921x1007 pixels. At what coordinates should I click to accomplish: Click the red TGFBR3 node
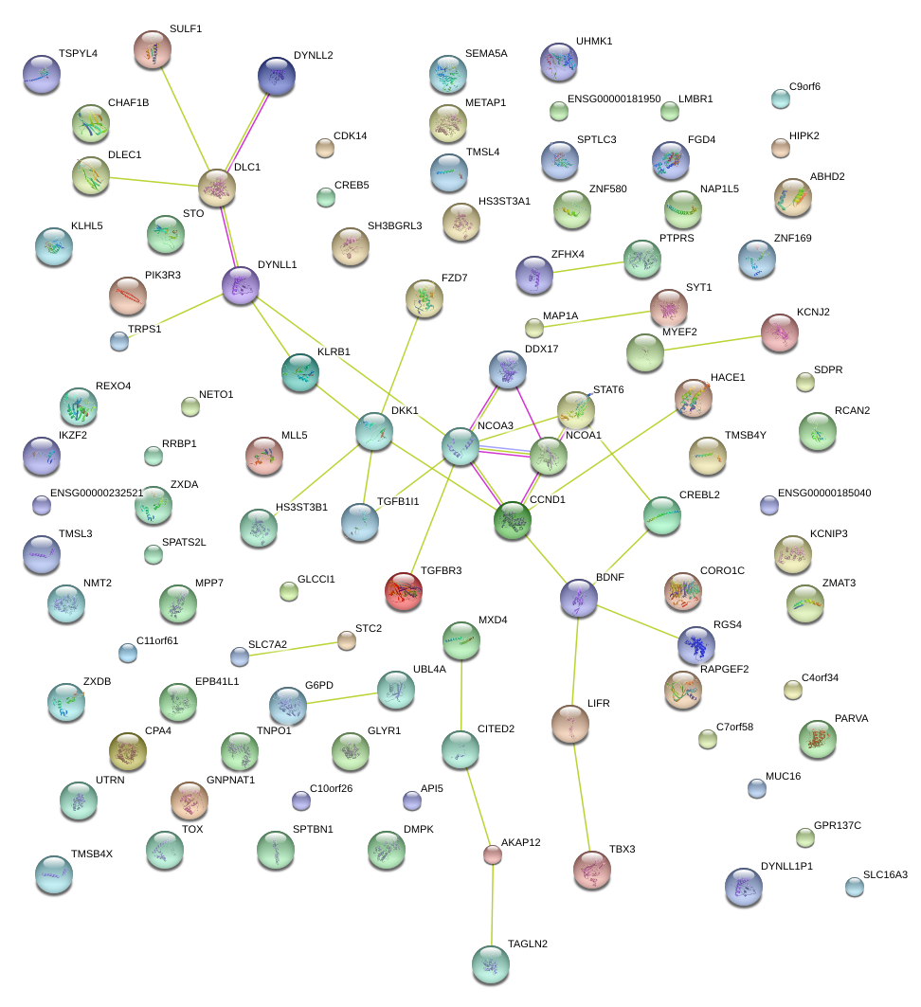404,591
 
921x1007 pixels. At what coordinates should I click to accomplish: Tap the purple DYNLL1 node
240,284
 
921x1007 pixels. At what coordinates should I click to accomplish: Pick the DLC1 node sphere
217,188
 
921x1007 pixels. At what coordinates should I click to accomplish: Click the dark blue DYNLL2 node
276,75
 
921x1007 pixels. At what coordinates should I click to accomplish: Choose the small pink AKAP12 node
492,854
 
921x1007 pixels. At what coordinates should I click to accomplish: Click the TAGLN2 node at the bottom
490,963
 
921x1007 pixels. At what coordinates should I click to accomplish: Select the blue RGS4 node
696,645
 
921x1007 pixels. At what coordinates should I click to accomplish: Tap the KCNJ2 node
780,333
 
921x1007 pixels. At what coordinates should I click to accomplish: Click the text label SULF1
186,29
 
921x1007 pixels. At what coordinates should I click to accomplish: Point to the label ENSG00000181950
614,99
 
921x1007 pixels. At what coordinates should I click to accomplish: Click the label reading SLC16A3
885,874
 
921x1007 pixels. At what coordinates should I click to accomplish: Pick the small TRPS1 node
118,341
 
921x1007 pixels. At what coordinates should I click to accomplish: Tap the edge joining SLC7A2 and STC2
293,648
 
